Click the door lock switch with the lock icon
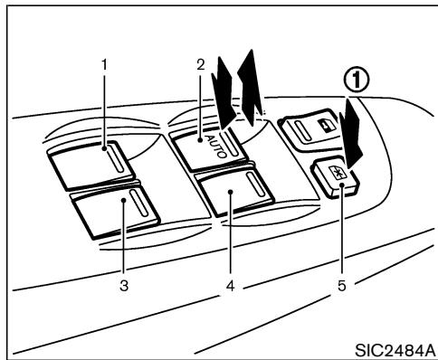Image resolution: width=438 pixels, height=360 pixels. click(x=312, y=133)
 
